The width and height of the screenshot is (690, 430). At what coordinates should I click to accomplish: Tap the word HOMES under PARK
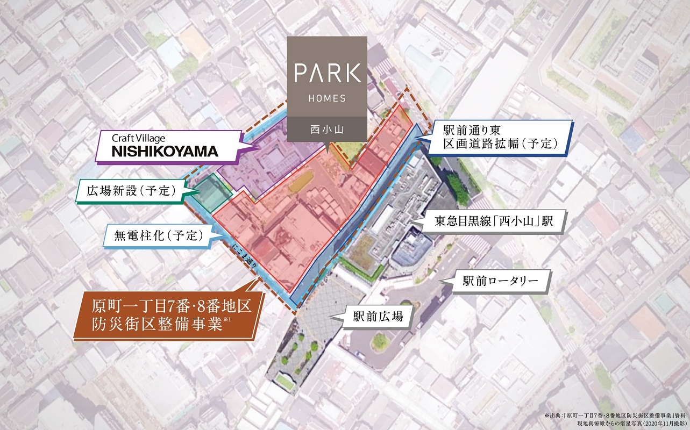point(327,98)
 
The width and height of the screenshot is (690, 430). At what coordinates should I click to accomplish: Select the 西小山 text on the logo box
point(327,129)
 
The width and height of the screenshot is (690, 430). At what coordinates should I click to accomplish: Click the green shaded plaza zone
point(211,192)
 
